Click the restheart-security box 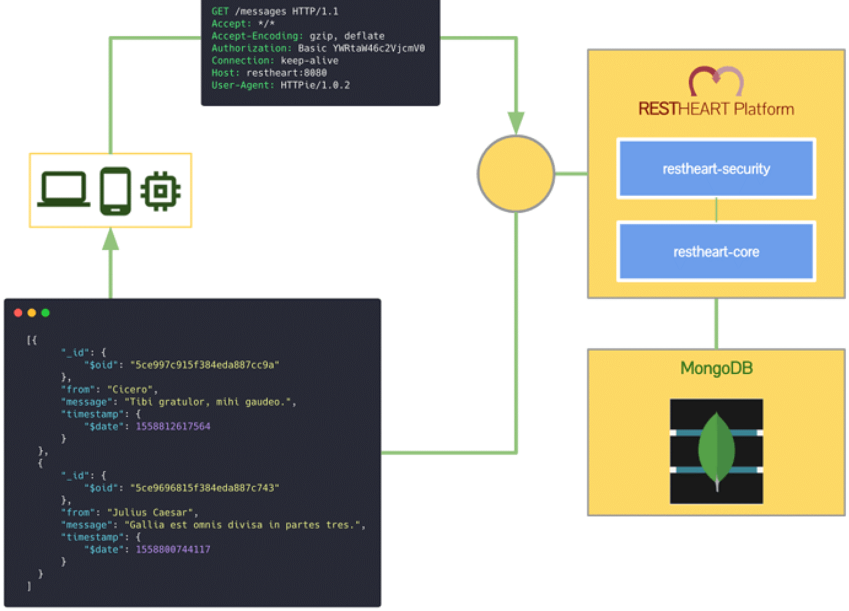tap(716, 169)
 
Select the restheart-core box tap(716, 252)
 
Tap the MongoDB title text tap(716, 368)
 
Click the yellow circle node tap(516, 174)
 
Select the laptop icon tap(63, 190)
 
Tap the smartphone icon tap(115, 191)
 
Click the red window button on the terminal tap(18, 313)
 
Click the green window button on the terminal tap(45, 313)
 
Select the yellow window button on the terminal tap(32, 313)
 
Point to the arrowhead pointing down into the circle tap(516, 123)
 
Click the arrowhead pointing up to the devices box tap(110, 239)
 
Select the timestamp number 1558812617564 tap(173, 427)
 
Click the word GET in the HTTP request tap(220, 12)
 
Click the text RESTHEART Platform tap(716, 109)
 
